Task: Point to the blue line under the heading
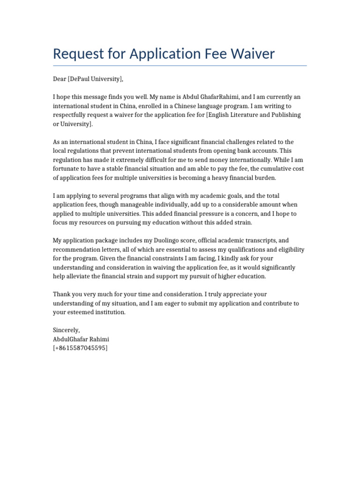[x=180, y=66]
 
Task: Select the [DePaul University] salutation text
[x=96, y=79]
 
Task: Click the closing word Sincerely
[x=66, y=330]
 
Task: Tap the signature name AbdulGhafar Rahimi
[x=81, y=339]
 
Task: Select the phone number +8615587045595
[x=80, y=348]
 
